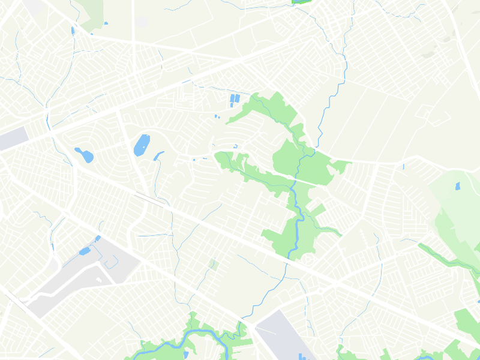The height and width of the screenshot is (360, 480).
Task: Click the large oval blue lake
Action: (x=142, y=145)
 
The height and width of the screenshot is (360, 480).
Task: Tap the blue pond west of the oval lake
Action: (x=85, y=155)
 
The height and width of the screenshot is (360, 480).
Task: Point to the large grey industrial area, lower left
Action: (x=84, y=276)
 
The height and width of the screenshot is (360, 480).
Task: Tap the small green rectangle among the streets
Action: (x=213, y=263)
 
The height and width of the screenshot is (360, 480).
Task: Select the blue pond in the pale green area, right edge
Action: (x=458, y=186)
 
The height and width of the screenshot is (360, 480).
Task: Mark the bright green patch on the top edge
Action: (x=299, y=2)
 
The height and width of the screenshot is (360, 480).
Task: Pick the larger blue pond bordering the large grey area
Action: (x=85, y=251)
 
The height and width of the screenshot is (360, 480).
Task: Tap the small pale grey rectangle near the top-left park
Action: (x=142, y=22)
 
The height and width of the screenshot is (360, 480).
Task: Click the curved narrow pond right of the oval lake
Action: (x=158, y=156)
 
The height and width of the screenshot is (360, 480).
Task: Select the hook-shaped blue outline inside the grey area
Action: (x=109, y=262)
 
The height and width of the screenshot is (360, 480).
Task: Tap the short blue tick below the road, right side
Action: (x=404, y=166)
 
